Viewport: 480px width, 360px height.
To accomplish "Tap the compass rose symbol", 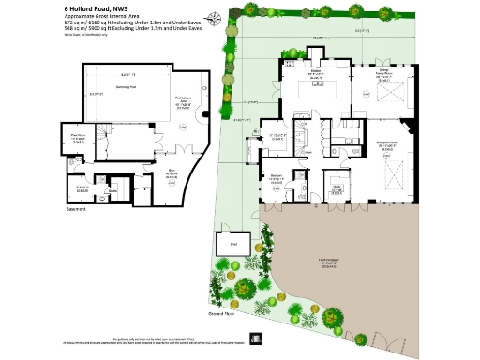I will click(x=217, y=17).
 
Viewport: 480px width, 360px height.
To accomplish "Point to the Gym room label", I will click(x=145, y=173).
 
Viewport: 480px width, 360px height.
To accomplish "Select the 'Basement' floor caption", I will click(x=75, y=208).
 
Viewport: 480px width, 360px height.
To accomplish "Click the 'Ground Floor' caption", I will click(x=220, y=314).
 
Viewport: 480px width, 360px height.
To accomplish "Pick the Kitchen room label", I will click(x=316, y=73).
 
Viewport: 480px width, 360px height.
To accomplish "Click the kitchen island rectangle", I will click(x=316, y=91).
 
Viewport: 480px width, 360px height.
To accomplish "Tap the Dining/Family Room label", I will click(x=382, y=73).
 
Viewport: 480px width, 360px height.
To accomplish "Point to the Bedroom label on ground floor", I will click(x=277, y=178).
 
